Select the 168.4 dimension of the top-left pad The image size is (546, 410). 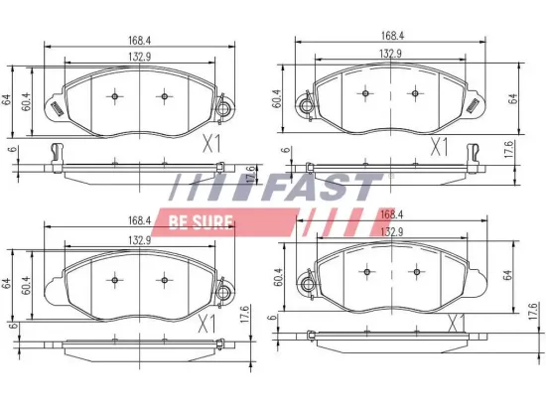click(x=139, y=42)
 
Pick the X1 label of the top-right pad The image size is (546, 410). click(x=439, y=147)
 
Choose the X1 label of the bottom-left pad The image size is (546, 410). click(x=206, y=324)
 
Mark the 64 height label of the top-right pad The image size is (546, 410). click(x=513, y=97)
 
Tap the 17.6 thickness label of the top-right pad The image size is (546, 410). click(x=511, y=150)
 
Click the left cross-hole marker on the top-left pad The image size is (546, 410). click(x=115, y=96)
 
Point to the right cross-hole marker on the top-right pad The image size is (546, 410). click(x=415, y=95)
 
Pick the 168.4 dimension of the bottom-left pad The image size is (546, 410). click(x=137, y=220)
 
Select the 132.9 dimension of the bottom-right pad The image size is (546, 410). click(x=391, y=231)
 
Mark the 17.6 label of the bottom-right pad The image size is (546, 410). click(x=532, y=312)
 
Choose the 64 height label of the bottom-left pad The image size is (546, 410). click(x=7, y=283)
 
